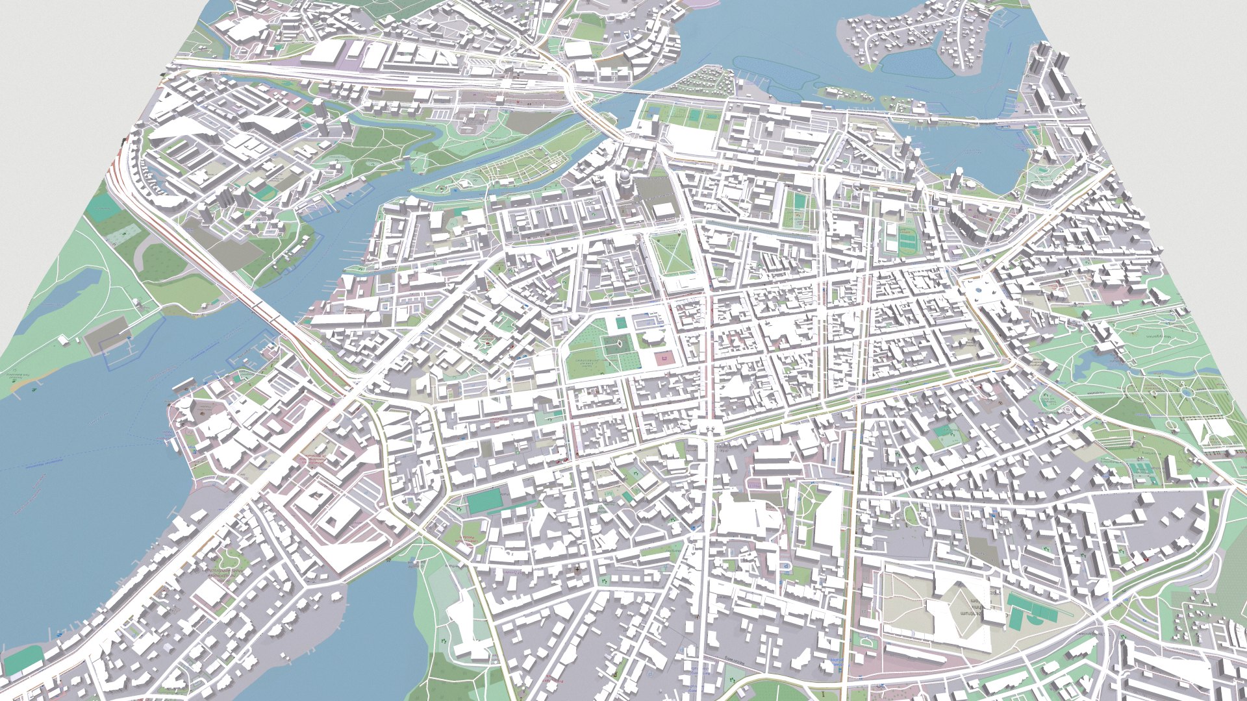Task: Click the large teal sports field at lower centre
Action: pyautogui.click(x=485, y=501)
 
